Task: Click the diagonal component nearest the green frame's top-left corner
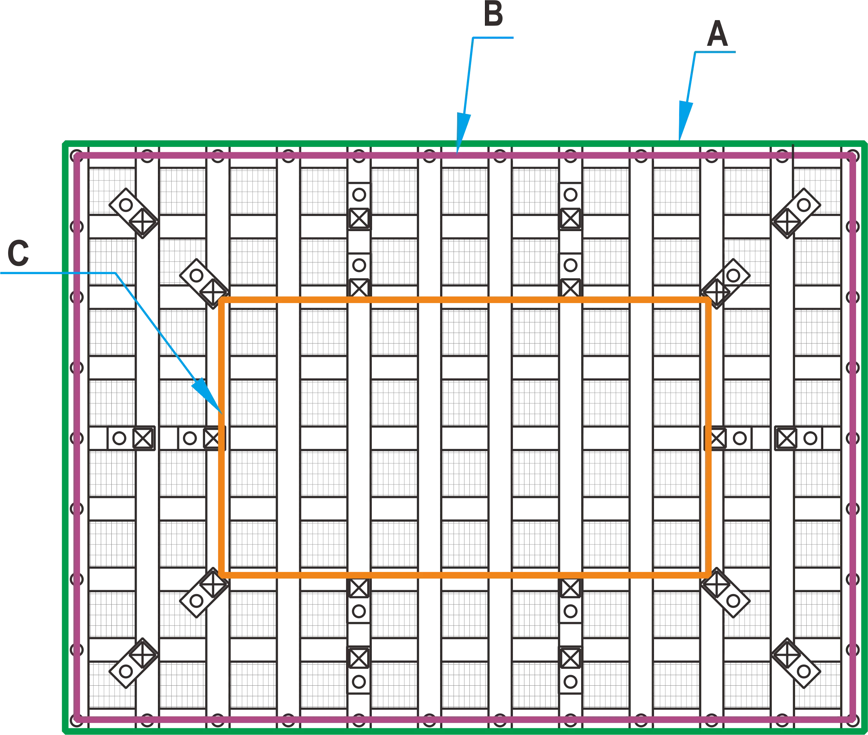click(133, 213)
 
